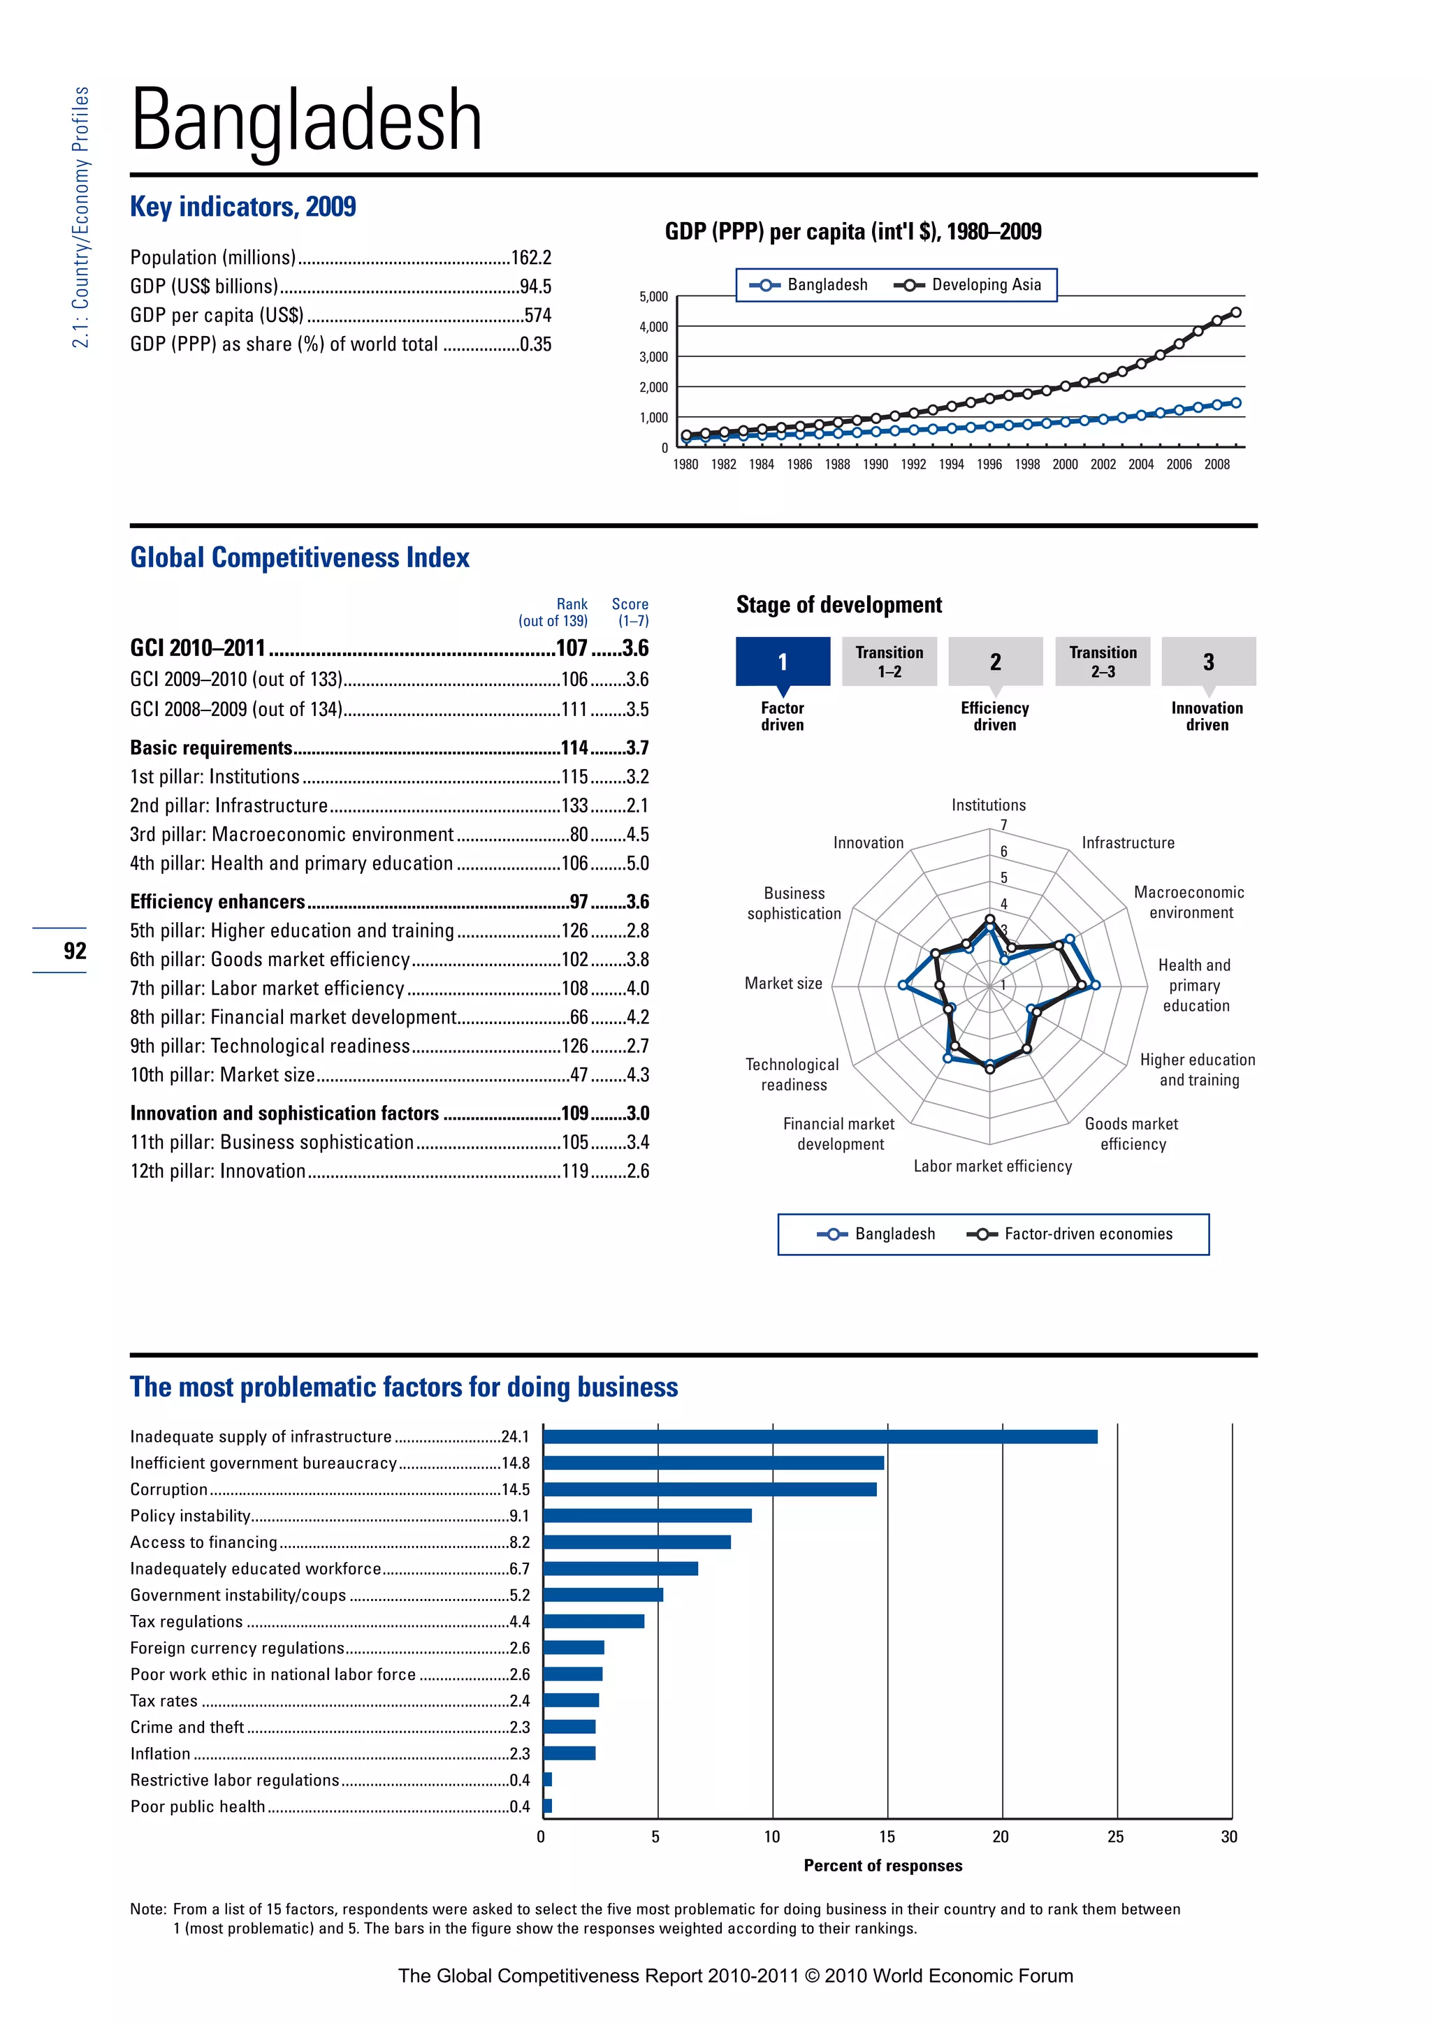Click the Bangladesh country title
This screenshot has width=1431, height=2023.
306,121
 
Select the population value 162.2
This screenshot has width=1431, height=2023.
531,257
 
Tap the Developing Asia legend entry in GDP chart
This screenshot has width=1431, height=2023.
968,284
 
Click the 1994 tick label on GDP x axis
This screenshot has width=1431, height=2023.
952,465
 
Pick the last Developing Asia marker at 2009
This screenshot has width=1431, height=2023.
1235,312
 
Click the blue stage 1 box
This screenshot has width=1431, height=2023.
783,661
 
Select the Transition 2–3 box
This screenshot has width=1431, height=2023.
1103,661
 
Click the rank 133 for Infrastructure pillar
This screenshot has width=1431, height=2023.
574,805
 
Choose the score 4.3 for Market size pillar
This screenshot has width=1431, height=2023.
637,1075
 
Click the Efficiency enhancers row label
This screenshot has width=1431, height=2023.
217,901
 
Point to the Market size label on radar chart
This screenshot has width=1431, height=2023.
783,984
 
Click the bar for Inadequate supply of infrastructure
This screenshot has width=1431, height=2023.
820,1436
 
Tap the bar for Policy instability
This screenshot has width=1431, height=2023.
648,1515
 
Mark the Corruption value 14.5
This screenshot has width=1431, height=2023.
516,1489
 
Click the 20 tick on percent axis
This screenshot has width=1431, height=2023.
1001,1836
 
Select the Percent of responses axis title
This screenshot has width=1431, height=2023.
883,1865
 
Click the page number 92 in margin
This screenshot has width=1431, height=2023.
75,951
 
